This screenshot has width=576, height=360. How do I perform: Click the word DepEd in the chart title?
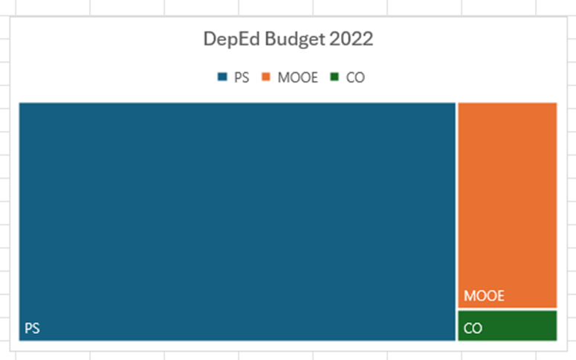point(229,39)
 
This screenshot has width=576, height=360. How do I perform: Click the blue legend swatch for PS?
point(222,77)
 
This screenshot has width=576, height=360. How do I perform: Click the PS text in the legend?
point(241,77)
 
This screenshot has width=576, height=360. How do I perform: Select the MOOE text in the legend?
point(297,77)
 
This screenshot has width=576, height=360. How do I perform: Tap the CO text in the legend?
point(355,77)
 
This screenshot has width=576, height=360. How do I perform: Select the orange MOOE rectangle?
point(508,201)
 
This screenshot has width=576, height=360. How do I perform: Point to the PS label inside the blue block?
point(32,328)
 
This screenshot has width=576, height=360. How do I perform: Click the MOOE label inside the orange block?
point(484,296)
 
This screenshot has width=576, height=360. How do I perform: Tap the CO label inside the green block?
point(473,328)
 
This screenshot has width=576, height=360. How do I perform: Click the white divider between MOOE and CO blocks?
point(508,309)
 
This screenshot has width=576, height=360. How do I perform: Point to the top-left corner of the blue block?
point(20,103)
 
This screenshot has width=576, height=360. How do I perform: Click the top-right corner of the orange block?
point(556,103)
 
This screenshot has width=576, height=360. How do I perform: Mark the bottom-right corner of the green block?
point(556,340)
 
